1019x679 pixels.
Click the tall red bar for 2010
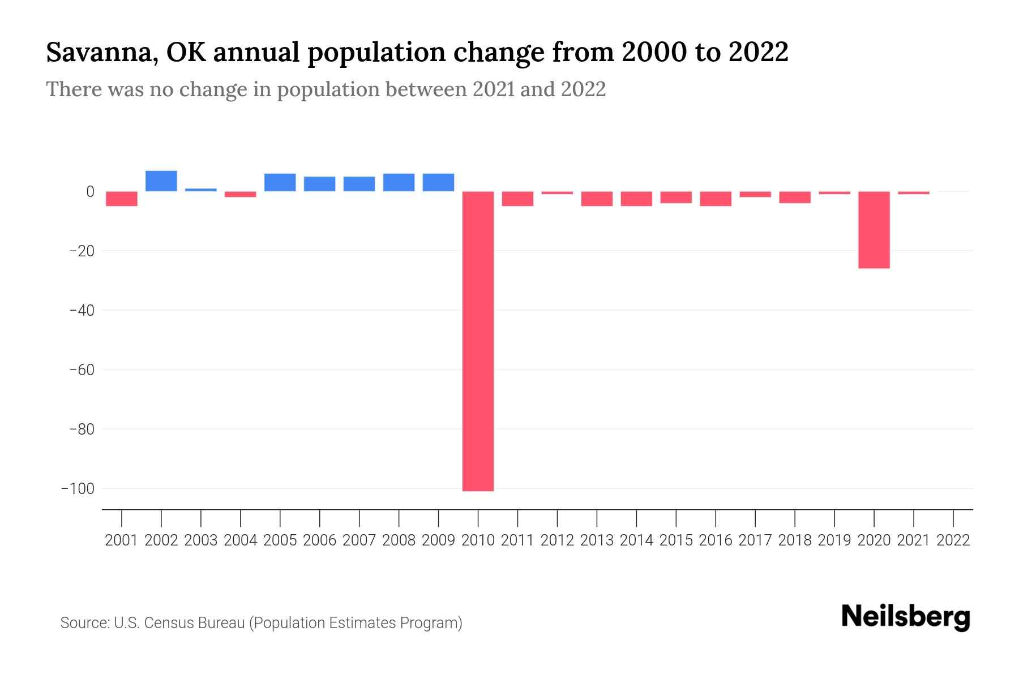(x=478, y=341)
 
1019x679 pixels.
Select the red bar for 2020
(x=874, y=230)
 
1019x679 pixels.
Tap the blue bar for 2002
(x=161, y=181)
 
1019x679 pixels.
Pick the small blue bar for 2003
(x=201, y=190)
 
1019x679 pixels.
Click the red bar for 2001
(x=122, y=199)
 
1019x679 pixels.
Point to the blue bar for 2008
(x=399, y=182)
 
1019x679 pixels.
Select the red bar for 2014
(x=636, y=199)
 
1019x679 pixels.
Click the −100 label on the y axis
(x=78, y=488)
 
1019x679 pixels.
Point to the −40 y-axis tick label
(x=81, y=310)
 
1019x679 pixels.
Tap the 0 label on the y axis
(x=89, y=192)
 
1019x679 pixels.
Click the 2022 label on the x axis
(x=953, y=540)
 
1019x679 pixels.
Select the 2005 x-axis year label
(x=280, y=540)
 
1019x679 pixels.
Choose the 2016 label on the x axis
(x=716, y=540)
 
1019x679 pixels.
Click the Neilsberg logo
(x=906, y=617)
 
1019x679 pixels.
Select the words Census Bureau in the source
(x=195, y=623)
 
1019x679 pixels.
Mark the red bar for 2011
(x=517, y=199)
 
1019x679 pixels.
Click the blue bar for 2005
(x=280, y=182)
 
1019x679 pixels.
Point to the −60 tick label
(x=81, y=369)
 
